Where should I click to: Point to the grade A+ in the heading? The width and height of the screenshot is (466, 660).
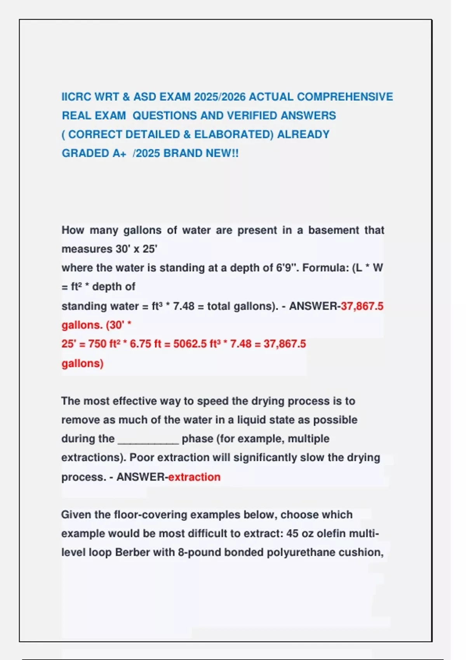coord(119,153)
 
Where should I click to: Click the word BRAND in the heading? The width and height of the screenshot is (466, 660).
coord(183,153)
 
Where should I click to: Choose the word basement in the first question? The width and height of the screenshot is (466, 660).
coord(334,230)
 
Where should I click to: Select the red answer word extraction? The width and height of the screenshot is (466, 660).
coord(194,477)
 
